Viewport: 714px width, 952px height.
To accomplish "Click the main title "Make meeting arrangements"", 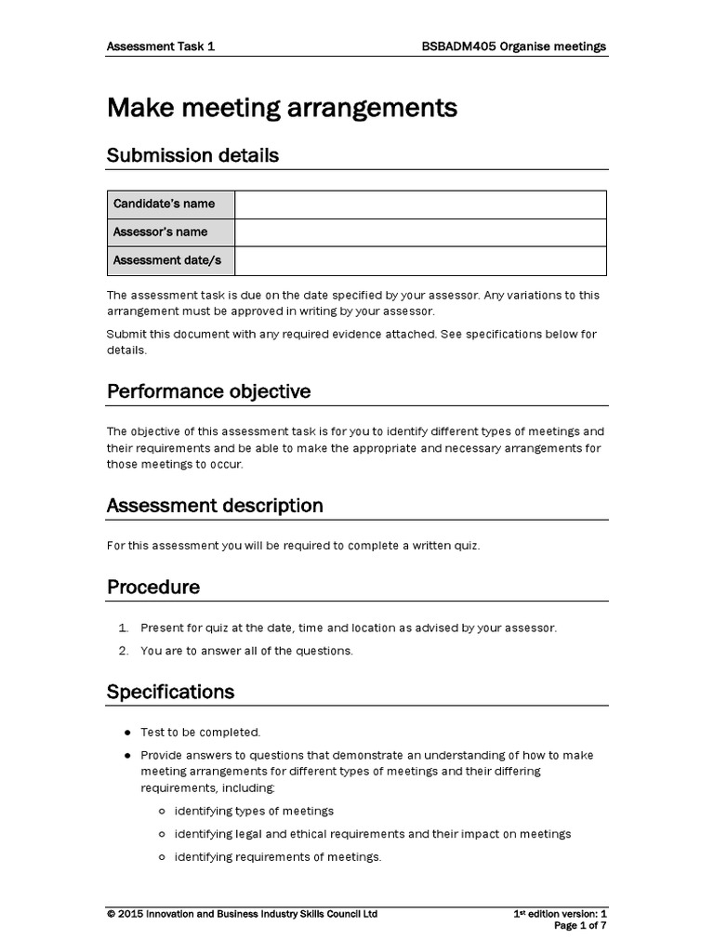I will click(x=282, y=109).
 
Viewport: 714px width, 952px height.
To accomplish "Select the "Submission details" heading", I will click(x=192, y=155).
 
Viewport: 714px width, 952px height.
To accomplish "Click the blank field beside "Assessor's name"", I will click(x=420, y=232).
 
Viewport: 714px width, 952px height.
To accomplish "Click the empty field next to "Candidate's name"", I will click(x=420, y=204).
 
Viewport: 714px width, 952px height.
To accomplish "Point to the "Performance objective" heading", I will click(x=208, y=391).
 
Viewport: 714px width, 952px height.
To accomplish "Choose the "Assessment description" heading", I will click(x=215, y=506).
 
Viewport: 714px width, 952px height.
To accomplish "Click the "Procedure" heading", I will click(x=153, y=588).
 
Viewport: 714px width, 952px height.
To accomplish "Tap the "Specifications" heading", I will click(x=170, y=692).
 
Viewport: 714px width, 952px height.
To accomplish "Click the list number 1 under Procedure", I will click(x=122, y=628).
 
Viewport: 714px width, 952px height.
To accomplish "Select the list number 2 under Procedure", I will click(x=122, y=651).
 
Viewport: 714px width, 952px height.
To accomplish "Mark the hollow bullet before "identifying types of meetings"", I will click(x=162, y=811).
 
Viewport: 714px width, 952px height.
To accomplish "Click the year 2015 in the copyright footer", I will click(x=133, y=914).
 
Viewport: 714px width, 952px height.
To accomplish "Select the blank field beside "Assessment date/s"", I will click(x=420, y=260).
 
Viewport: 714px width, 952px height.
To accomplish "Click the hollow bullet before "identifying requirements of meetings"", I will click(x=162, y=857).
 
